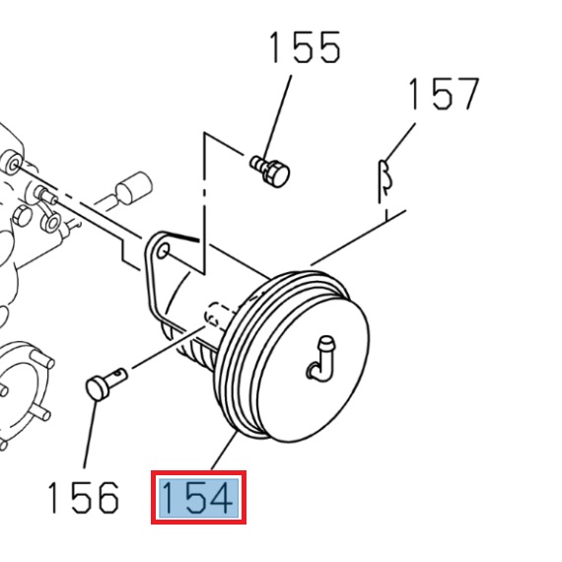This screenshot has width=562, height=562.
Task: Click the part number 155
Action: click(304, 47)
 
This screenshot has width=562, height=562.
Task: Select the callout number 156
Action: click(83, 498)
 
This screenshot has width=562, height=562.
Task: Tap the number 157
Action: click(444, 94)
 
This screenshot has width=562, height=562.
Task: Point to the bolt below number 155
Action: click(270, 170)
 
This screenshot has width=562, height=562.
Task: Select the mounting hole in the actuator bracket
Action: click(164, 254)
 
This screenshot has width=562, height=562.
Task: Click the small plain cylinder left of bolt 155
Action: click(131, 187)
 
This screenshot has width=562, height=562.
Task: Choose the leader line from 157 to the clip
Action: click(402, 139)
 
